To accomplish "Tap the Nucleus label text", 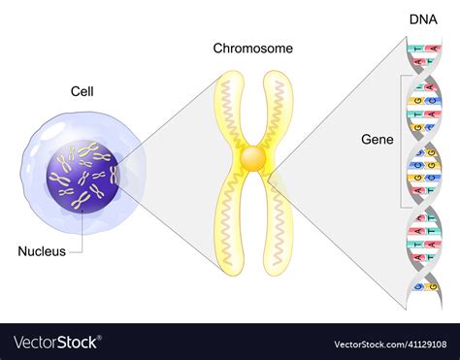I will point(42,251).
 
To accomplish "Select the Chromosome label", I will point(253,48).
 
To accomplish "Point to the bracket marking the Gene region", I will point(400,141).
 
